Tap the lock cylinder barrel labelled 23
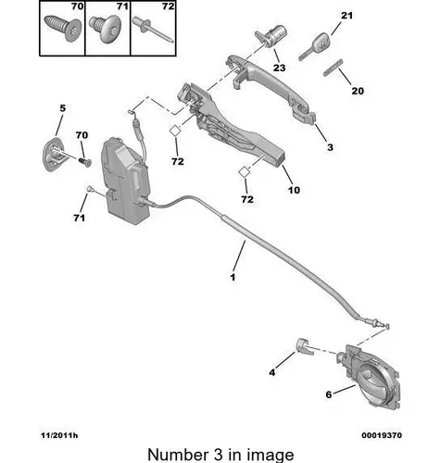271,36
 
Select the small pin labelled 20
334,67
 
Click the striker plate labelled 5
53,154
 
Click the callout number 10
294,190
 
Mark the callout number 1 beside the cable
233,277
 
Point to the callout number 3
330,147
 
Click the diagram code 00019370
382,435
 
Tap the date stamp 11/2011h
59,435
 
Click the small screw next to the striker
84,161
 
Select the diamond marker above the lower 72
245,171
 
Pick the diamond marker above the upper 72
175,131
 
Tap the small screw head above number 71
89,188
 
